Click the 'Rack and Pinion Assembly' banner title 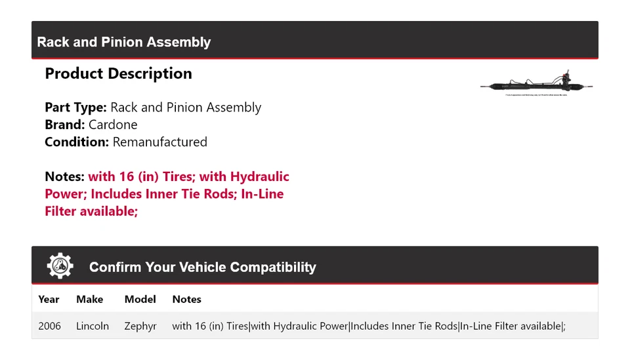(x=124, y=42)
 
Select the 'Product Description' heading (x=118, y=73)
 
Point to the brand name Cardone (x=113, y=125)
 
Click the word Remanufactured (x=159, y=142)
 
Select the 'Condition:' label (x=77, y=142)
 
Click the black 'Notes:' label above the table (x=64, y=176)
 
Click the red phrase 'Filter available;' (x=91, y=211)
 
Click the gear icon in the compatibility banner (x=60, y=266)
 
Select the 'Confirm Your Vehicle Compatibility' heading (x=202, y=267)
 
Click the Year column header (x=49, y=299)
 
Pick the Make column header (x=89, y=299)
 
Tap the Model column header (x=140, y=299)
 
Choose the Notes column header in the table (x=186, y=299)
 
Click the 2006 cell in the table (x=49, y=326)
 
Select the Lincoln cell (x=93, y=326)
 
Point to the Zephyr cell (x=140, y=326)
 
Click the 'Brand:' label (x=64, y=125)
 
